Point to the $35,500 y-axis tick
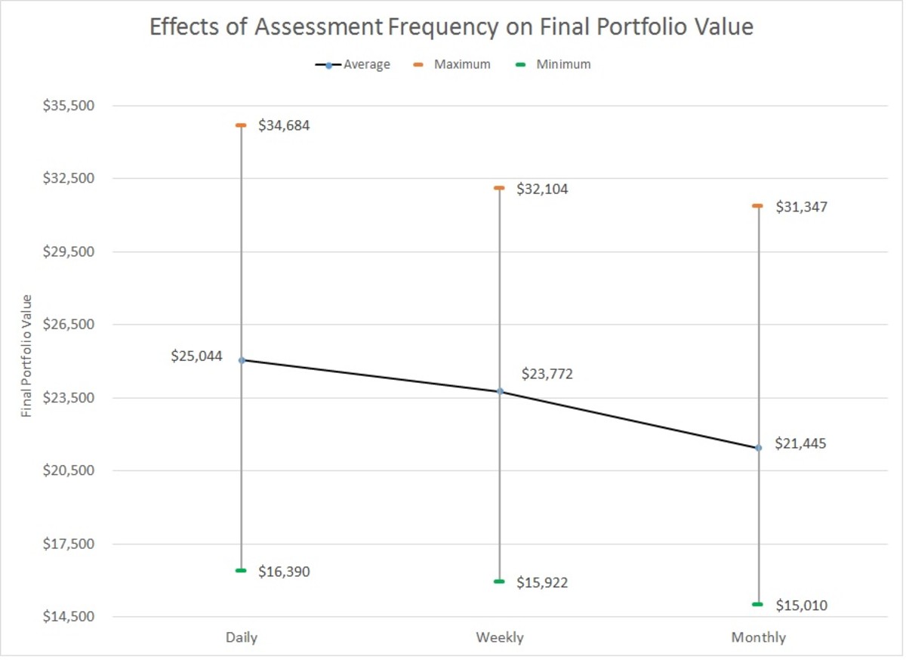click(x=69, y=106)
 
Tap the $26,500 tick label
click(x=69, y=325)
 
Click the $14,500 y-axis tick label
click(x=69, y=617)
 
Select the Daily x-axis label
click(x=242, y=637)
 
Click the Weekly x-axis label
click(x=499, y=637)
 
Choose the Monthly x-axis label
click(x=758, y=637)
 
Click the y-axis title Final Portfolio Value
click(x=27, y=356)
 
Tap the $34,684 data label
click(x=284, y=126)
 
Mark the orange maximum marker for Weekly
click(x=499, y=187)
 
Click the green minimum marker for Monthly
click(x=758, y=604)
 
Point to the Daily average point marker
click(x=242, y=360)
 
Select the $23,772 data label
click(x=547, y=374)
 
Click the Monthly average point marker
click(x=758, y=448)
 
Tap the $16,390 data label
click(x=284, y=572)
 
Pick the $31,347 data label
click(x=801, y=206)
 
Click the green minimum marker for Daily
click(x=242, y=570)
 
